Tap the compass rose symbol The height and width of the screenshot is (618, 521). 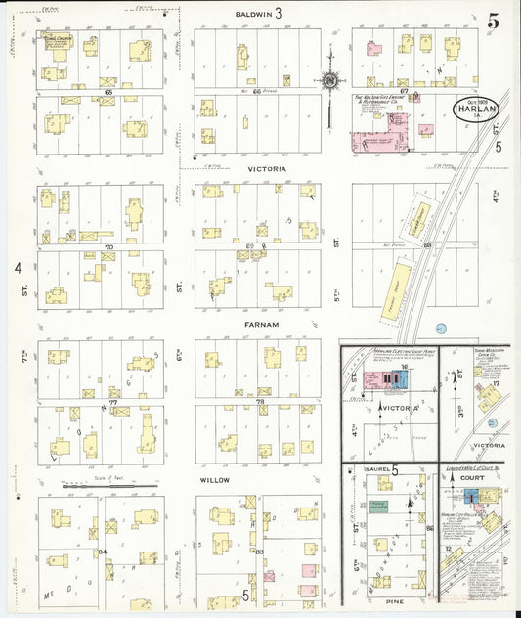[330, 80]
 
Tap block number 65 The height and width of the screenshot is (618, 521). [107, 90]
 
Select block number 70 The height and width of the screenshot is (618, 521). [109, 247]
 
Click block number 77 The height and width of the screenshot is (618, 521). [112, 402]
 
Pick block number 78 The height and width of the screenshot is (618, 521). [260, 402]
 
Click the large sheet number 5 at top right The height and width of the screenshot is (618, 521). [494, 20]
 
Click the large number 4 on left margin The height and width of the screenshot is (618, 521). [18, 266]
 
